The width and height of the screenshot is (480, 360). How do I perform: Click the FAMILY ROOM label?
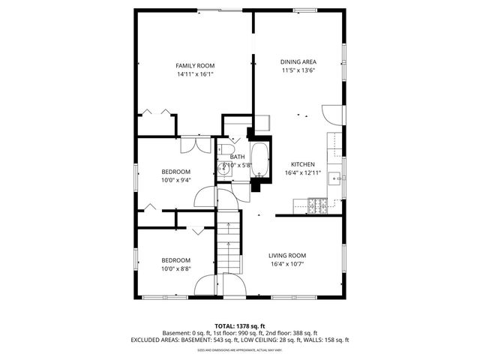tap(195, 66)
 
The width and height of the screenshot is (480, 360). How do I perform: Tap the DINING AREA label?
tap(298, 62)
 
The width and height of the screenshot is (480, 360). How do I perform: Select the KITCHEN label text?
tap(303, 164)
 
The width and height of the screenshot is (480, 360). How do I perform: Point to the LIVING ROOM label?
tap(287, 255)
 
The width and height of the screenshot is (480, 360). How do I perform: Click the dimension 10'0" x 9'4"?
tap(176, 180)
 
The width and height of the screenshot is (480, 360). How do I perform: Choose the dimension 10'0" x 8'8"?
tap(176, 269)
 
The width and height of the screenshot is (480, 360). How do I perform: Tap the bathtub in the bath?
tap(260, 159)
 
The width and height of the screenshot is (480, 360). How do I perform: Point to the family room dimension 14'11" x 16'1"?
tap(195, 75)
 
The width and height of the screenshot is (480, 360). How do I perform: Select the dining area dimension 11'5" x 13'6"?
tap(298, 71)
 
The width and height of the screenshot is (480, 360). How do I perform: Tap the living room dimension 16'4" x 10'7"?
tap(287, 264)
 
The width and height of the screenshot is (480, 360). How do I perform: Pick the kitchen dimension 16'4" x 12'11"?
tap(303, 173)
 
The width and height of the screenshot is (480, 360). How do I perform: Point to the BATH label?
tap(237, 157)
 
